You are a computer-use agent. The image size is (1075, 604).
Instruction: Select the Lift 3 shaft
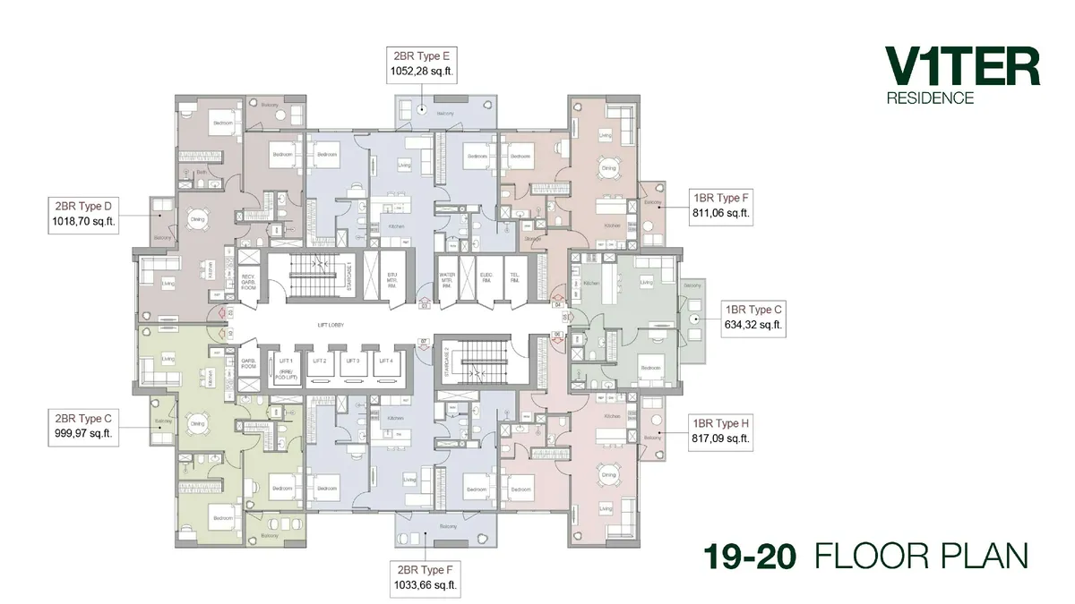[352, 361]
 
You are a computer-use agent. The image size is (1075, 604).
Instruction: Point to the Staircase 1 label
[348, 275]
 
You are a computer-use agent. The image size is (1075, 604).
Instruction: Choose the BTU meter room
[391, 278]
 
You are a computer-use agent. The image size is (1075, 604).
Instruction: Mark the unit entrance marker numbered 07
[425, 341]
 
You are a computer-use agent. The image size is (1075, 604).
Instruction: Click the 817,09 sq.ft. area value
[719, 438]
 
